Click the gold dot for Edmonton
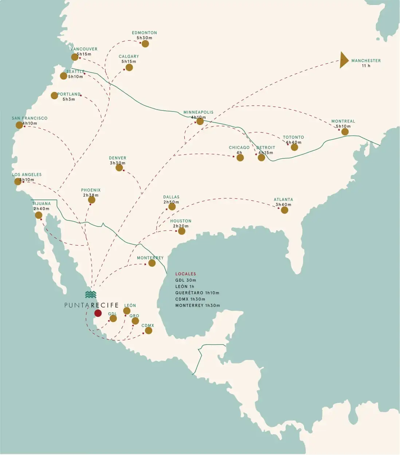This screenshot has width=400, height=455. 145,44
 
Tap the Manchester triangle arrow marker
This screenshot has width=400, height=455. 344,60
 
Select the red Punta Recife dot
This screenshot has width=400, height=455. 98,313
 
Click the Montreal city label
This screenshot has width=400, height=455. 343,121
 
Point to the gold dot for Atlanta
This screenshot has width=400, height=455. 285,209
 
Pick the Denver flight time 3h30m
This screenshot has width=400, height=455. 118,163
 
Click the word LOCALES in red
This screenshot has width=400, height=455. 185,274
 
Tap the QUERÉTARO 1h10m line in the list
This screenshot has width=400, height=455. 197,293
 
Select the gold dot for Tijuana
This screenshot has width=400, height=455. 39,215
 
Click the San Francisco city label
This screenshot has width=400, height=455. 30,118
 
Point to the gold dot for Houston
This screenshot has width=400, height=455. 181,231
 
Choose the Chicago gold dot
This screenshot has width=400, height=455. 240,158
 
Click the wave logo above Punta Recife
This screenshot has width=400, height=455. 91,294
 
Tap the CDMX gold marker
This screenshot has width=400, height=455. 149,330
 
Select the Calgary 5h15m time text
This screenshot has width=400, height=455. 129,62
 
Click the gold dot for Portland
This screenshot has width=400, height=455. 54,95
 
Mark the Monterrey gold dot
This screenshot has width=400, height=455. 152,263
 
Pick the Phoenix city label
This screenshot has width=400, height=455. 91,190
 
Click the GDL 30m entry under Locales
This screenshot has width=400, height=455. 185,280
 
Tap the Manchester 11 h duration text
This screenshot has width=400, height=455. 366,66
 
